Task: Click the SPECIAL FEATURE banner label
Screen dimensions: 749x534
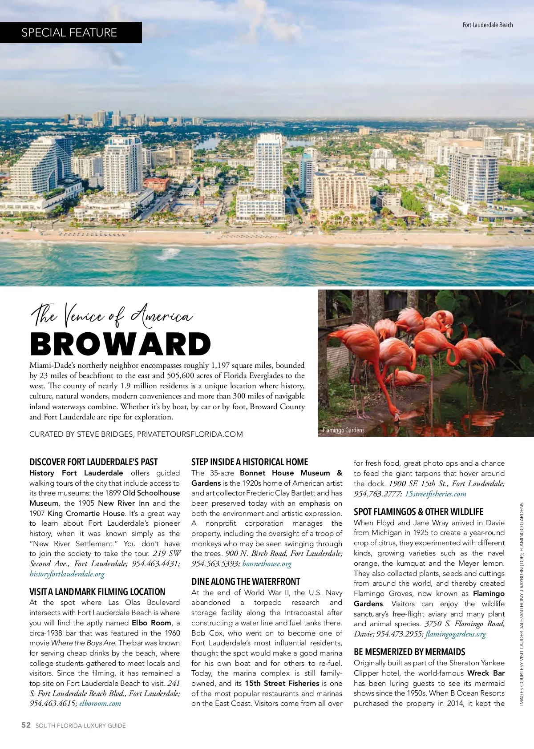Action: coord(69,32)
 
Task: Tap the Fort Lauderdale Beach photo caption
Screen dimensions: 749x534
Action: coord(488,25)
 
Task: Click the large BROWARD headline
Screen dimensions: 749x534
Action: coord(121,345)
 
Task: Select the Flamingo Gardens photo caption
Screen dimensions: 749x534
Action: coord(344,430)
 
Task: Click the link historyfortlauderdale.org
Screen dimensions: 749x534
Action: coord(67,574)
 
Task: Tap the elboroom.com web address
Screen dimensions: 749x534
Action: coord(100,703)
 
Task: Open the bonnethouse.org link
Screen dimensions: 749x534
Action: coord(267,564)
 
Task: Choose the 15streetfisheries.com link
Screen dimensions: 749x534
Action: coord(436,494)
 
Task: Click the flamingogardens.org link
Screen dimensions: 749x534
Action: coord(456,634)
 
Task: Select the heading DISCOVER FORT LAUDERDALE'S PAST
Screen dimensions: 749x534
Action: coord(93,462)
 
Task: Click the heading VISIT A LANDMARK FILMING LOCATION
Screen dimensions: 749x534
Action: coord(97,592)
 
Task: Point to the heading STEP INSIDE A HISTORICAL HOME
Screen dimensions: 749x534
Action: coord(250,462)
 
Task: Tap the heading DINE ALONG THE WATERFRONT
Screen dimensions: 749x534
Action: coord(246,581)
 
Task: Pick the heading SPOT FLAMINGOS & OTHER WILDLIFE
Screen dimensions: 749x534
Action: coord(418,511)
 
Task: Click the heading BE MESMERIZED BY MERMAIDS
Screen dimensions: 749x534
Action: coord(409,652)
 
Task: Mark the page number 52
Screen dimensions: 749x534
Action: coord(26,725)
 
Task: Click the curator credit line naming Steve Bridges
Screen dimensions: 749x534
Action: coord(136,434)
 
